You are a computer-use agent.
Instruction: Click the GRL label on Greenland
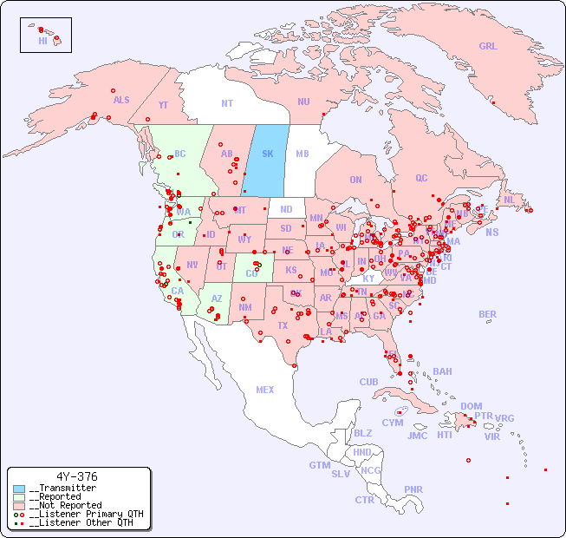tap(488, 47)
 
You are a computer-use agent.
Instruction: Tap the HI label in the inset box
tap(42, 41)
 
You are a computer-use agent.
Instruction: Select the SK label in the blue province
tap(268, 154)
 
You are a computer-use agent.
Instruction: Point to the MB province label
tap(303, 154)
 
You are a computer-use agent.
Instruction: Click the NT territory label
tap(227, 103)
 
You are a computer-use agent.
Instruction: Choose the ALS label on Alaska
tap(121, 100)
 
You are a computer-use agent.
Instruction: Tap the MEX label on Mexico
tap(265, 390)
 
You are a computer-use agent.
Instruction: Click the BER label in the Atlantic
tap(488, 314)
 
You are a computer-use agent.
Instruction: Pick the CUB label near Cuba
tap(369, 382)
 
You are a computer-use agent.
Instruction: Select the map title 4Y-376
tap(77, 476)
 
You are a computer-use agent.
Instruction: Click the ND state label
tap(286, 209)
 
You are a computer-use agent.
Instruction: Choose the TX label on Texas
tap(283, 325)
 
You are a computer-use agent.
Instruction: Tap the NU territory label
tap(303, 102)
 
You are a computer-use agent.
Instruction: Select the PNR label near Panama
tap(413, 489)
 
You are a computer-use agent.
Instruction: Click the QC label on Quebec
tap(421, 178)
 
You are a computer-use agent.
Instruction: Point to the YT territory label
tap(163, 104)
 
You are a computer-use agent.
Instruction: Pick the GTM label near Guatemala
tap(320, 465)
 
